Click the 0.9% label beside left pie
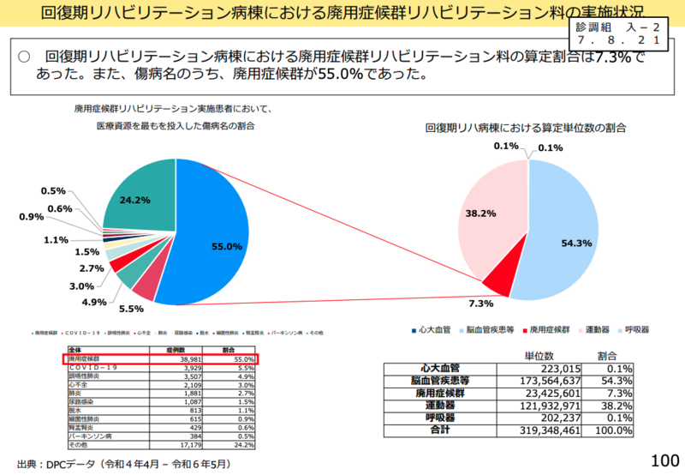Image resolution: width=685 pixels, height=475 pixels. coord(32,217)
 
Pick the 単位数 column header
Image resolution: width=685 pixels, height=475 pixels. coord(539,355)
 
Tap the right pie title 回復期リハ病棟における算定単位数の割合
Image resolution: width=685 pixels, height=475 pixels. coord(526,128)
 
